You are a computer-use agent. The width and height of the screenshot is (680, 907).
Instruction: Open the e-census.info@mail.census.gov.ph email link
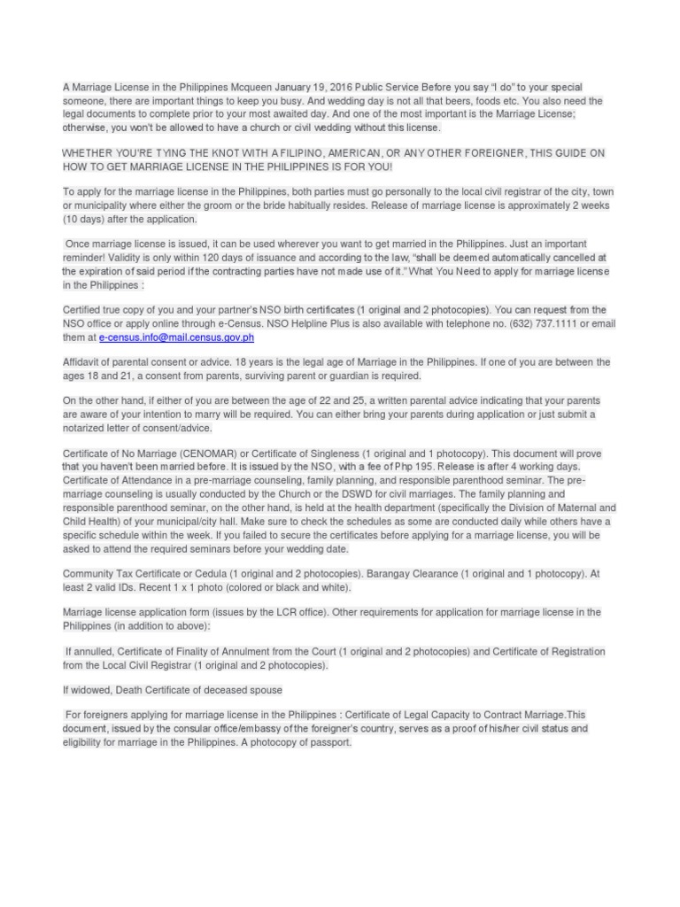176,337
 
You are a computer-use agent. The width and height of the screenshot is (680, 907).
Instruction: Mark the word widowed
91,690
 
